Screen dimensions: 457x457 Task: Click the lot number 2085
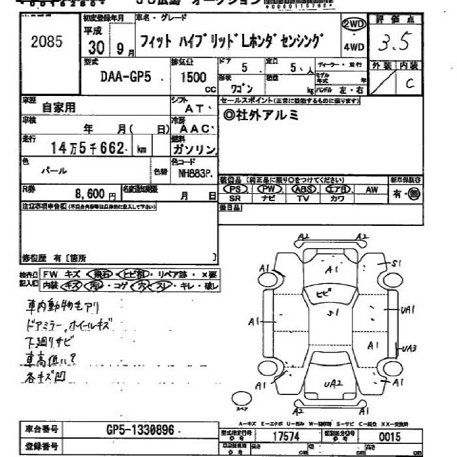point(46,42)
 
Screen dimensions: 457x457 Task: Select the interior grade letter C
point(409,83)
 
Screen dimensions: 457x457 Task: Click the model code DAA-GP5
point(126,76)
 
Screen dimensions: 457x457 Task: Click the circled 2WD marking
point(353,24)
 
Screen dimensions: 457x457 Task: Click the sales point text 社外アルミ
point(261,115)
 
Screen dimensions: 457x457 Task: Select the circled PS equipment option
point(235,189)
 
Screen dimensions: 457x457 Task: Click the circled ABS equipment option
point(303,189)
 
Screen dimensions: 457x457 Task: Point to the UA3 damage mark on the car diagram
point(410,348)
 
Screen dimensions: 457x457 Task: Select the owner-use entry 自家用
point(59,107)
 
